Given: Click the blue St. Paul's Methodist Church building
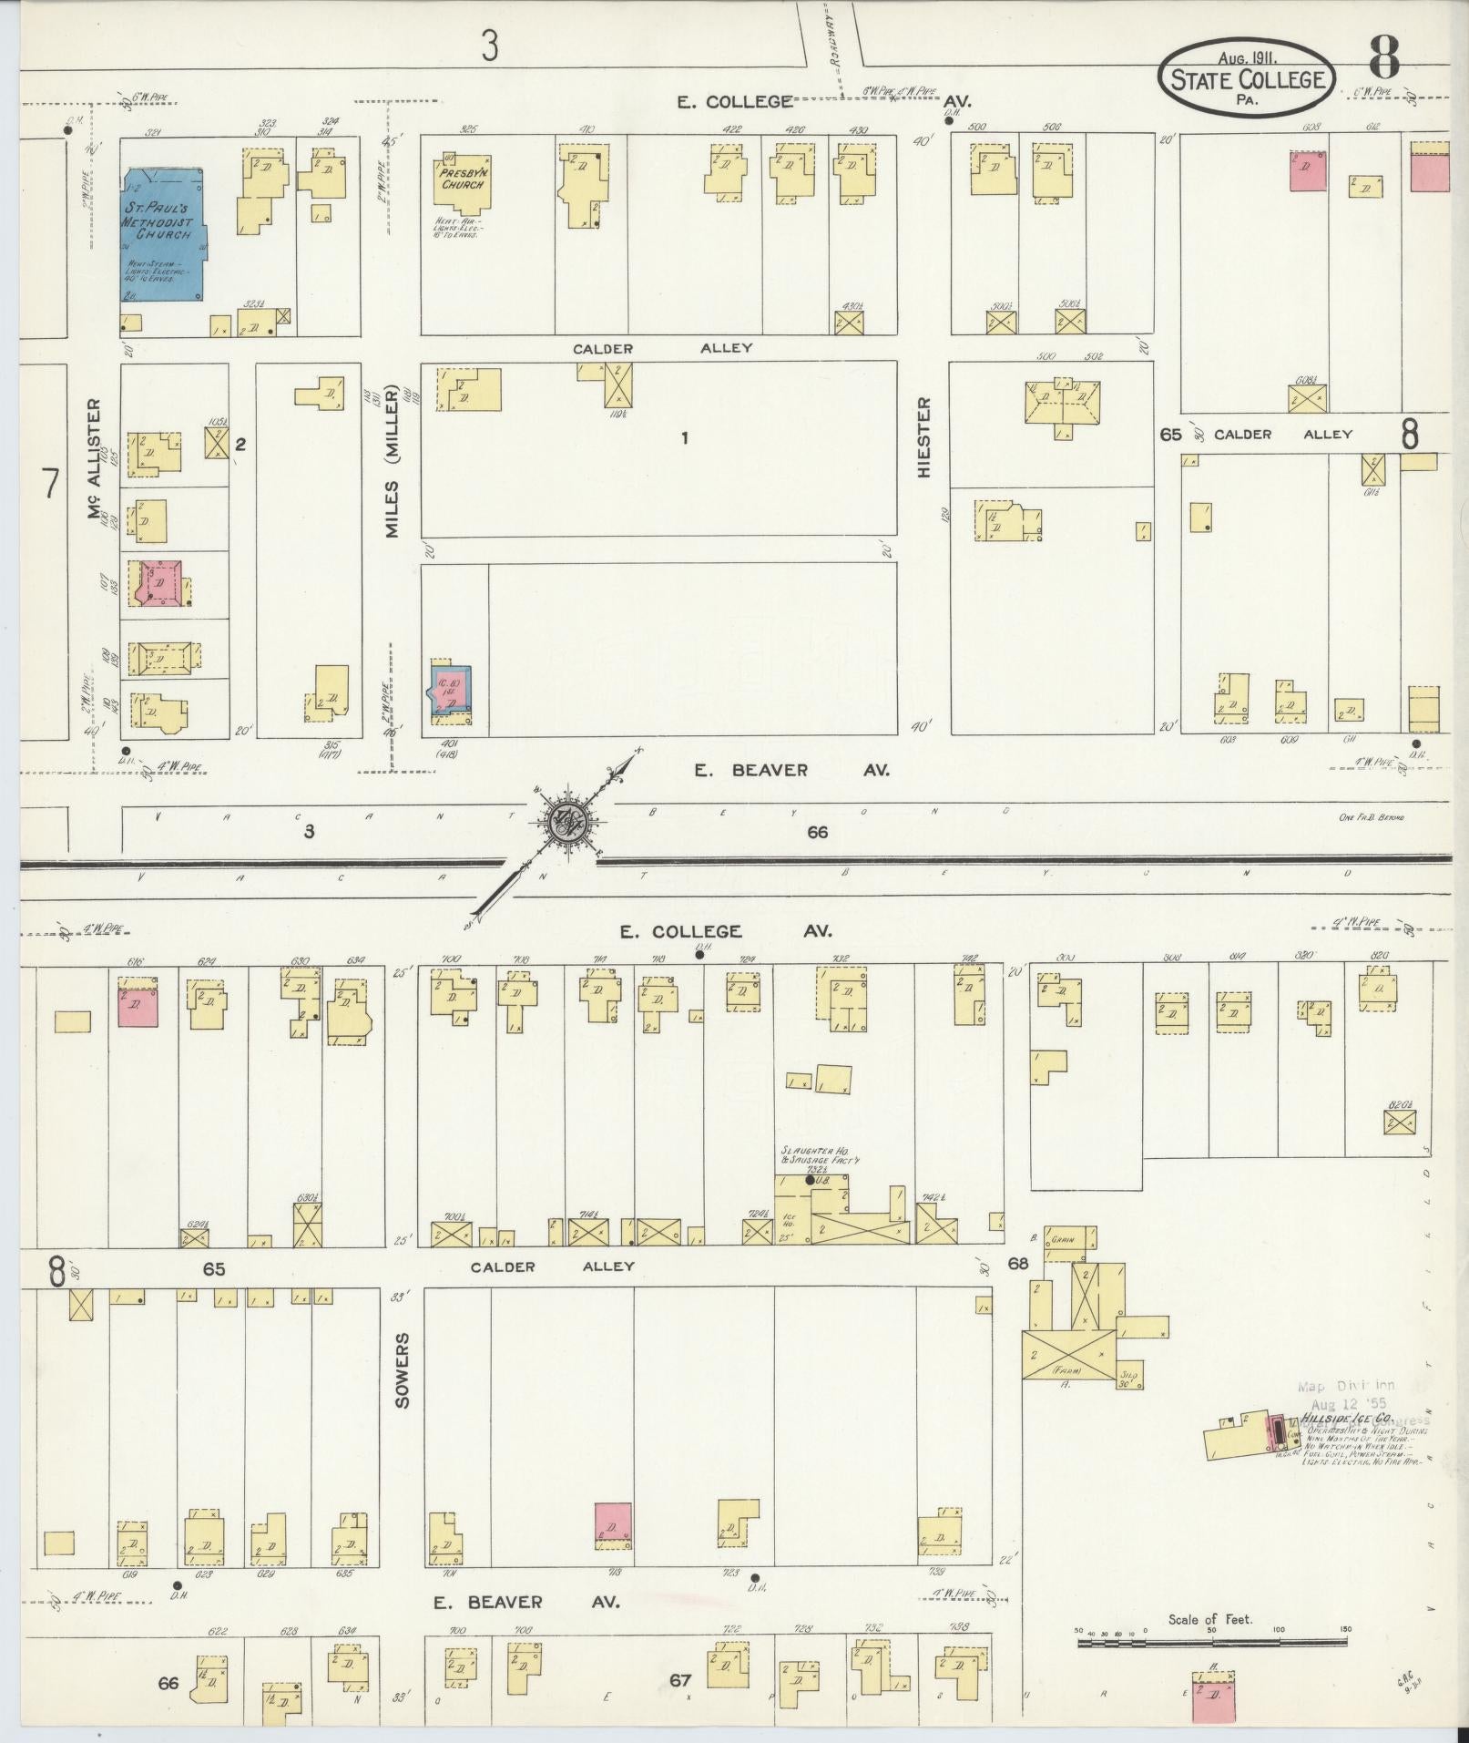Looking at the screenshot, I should coord(162,234).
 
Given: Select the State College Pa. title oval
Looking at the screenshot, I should coord(1247,79).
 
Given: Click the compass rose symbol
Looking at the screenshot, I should coord(568,822).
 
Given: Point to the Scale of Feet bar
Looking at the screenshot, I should coord(1211,1643).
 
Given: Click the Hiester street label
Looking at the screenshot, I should coord(925,437).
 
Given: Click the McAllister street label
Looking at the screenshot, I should coord(95,459).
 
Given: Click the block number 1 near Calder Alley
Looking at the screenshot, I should coord(684,438).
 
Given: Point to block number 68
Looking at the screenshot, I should coord(1018,1264).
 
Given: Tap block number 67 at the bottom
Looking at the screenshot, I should coord(680,1680).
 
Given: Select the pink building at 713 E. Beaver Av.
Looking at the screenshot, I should coord(614,1525).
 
